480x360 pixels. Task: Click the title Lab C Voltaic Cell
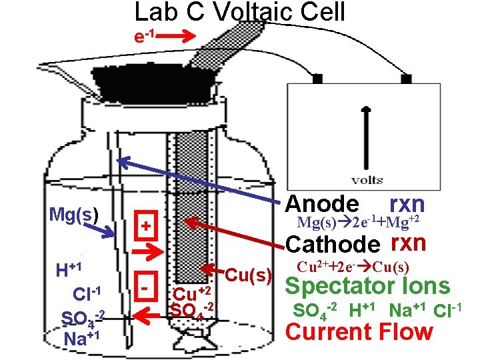pyautogui.click(x=239, y=12)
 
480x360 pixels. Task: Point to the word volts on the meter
pyautogui.click(x=367, y=179)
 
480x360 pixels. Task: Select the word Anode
pyautogui.click(x=325, y=205)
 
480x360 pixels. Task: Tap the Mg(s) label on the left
pyautogui.click(x=74, y=215)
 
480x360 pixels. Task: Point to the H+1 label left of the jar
pyautogui.click(x=69, y=270)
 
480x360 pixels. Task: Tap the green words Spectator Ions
pyautogui.click(x=367, y=287)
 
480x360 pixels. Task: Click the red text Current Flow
pyautogui.click(x=359, y=331)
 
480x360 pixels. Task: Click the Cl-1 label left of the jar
pyautogui.click(x=86, y=293)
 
